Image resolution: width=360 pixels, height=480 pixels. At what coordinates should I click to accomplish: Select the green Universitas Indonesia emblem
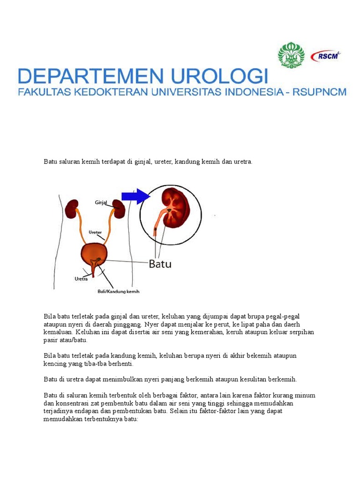coord(291,55)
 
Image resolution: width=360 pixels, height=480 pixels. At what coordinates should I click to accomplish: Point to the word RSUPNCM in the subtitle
coord(320,92)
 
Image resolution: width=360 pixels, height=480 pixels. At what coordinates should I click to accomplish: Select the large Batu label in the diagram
coord(160,264)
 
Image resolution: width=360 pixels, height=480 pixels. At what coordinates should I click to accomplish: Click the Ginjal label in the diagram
coord(101,202)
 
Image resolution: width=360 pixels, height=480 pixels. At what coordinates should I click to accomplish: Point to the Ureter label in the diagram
coord(95,232)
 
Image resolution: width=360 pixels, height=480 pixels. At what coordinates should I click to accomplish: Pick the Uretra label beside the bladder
coord(81,278)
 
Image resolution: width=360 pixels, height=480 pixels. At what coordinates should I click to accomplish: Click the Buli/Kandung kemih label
coord(115,291)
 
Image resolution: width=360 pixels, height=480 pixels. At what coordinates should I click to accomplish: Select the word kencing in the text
coord(55,363)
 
